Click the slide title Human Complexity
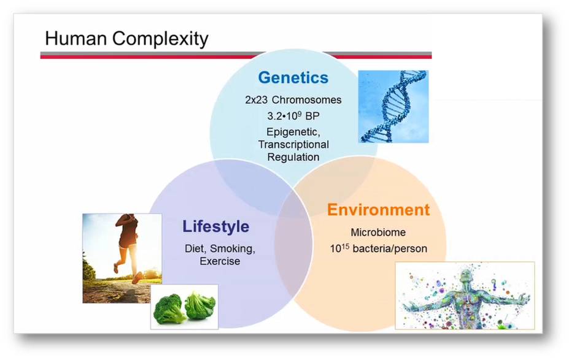pyautogui.click(x=126, y=39)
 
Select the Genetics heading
pyautogui.click(x=293, y=78)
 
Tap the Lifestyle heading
pyautogui.click(x=215, y=226)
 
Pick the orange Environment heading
pyautogui.click(x=378, y=210)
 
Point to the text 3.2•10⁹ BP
pyautogui.click(x=293, y=116)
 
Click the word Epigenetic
pyautogui.click(x=293, y=132)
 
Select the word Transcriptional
pyautogui.click(x=293, y=144)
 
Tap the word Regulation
pyautogui.click(x=293, y=157)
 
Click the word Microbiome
pyautogui.click(x=378, y=232)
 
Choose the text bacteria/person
pyautogui.click(x=390, y=248)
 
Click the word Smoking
pyautogui.click(x=233, y=249)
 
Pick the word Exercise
pyautogui.click(x=220, y=261)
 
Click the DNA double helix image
pyautogui.click(x=393, y=107)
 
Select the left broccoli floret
pyautogui.click(x=168, y=308)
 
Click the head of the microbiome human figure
pyautogui.click(x=466, y=276)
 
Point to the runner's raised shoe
pyautogui.click(x=137, y=278)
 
